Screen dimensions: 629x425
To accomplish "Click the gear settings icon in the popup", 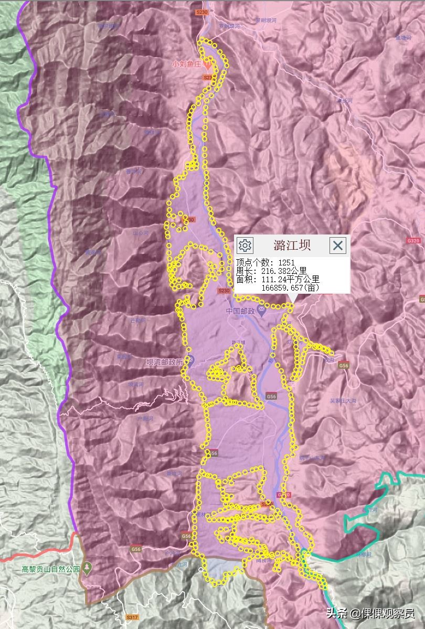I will click(245, 245).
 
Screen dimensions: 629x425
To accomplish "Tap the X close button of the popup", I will click(338, 245).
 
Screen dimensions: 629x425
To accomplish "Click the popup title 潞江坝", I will click(292, 245).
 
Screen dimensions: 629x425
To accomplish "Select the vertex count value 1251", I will click(286, 262).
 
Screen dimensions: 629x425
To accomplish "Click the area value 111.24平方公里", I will click(290, 280).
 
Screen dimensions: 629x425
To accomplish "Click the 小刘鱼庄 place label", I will click(187, 65).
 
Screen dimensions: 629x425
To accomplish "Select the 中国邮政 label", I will click(240, 311).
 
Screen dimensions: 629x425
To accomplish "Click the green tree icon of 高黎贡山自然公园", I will click(88, 568).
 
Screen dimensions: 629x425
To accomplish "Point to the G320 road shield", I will click(413, 240).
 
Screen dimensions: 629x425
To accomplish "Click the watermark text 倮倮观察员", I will click(388, 613).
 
